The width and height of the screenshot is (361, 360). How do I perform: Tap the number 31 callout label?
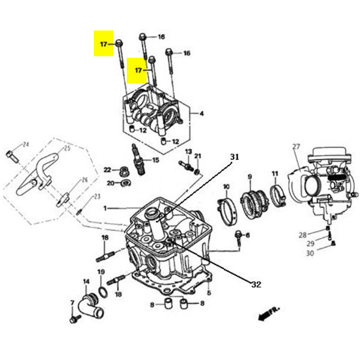235,157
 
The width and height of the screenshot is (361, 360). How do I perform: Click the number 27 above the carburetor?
296,147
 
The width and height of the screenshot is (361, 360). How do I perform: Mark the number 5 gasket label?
209,294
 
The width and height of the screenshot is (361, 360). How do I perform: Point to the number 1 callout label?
104,208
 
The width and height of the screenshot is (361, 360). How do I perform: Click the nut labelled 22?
123,170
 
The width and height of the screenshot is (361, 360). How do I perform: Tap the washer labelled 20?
124,182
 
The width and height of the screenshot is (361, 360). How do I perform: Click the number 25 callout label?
67,148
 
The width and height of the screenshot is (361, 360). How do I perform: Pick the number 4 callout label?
202,113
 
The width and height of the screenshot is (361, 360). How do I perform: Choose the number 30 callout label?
310,253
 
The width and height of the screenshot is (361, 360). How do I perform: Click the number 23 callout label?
96,197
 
